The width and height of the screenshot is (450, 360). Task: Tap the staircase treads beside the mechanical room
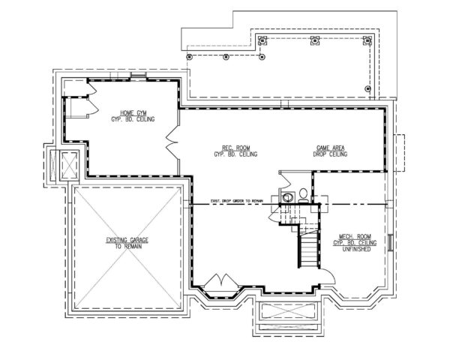click(x=306, y=247)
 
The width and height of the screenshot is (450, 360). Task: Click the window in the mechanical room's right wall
click(x=391, y=244)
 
